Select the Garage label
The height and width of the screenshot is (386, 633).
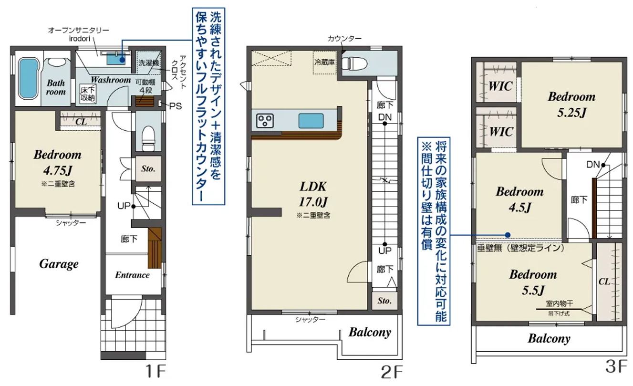point(59,264)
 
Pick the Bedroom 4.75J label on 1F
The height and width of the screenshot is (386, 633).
point(57,162)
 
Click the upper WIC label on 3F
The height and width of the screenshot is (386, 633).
point(500,86)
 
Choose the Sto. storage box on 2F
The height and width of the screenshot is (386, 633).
point(384,301)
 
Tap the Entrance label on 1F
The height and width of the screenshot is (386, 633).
point(132,275)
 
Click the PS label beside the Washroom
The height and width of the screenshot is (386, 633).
point(175,106)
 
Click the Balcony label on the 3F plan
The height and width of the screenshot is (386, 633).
point(549,339)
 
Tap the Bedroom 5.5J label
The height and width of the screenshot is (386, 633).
point(533,282)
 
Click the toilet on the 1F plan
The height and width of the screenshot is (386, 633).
point(148,135)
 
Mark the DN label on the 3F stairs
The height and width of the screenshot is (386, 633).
point(593,165)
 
